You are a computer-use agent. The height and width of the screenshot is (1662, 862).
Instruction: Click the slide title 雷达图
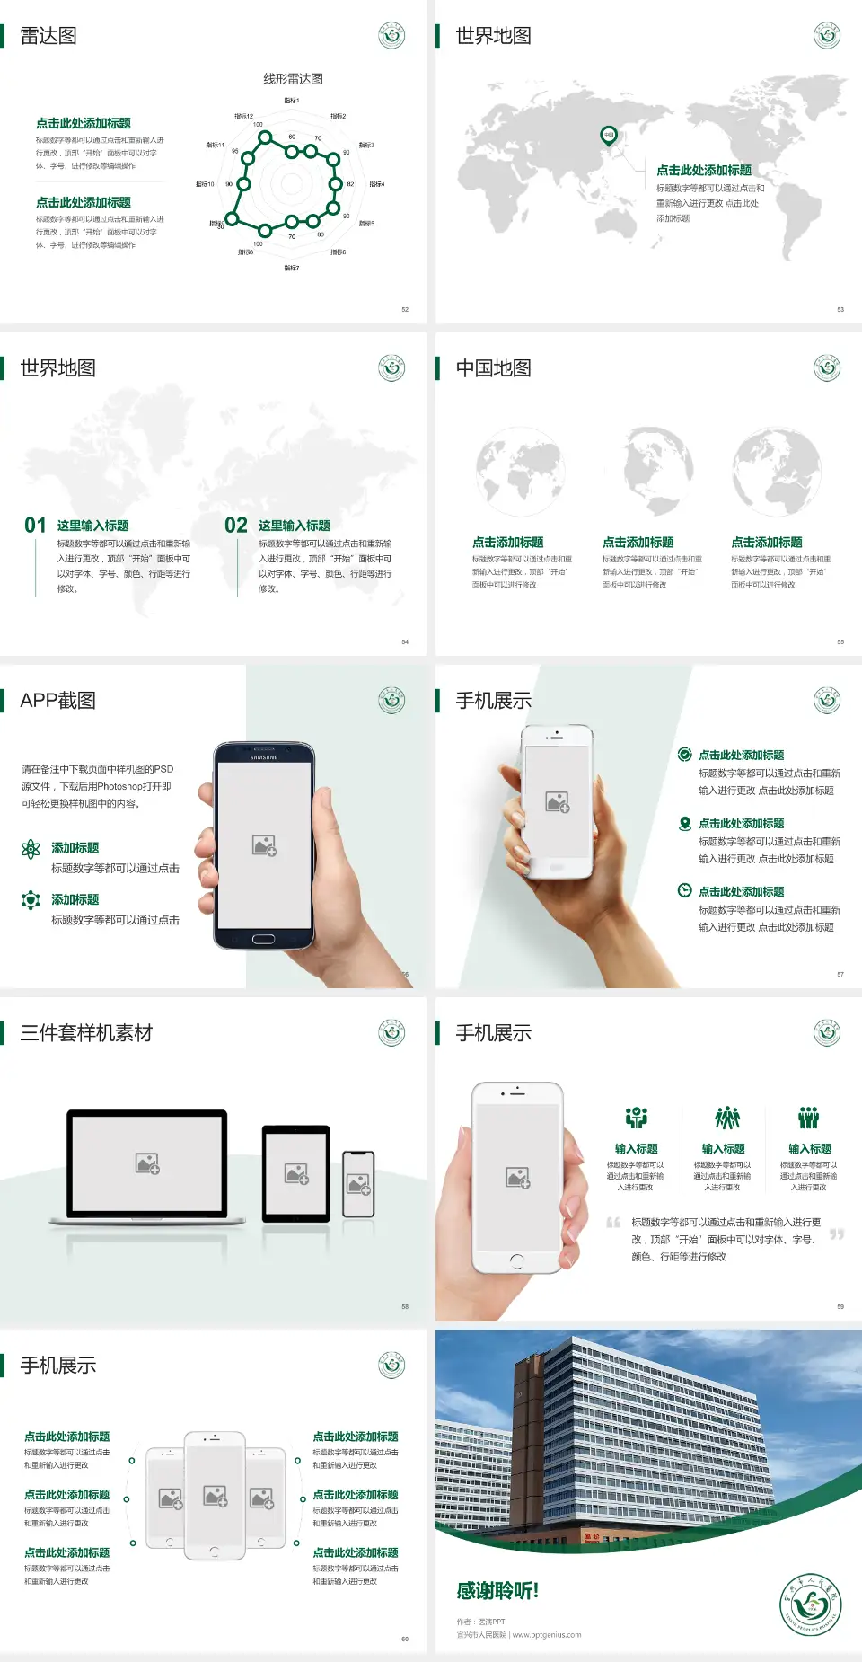coord(48,36)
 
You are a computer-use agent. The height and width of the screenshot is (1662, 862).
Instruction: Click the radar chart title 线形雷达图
coord(293,79)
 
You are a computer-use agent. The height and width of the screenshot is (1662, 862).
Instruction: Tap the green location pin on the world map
coord(609,136)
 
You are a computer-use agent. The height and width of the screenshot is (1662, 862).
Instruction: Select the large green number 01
coord(35,526)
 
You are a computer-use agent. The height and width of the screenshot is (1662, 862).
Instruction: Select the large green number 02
coord(236,526)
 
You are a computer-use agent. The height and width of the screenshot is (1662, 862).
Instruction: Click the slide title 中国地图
coord(493,368)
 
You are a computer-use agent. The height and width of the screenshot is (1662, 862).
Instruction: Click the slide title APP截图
coord(58,701)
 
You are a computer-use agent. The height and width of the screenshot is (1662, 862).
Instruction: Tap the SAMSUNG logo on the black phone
coord(264,757)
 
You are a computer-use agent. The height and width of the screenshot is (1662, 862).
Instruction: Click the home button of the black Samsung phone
coord(263,939)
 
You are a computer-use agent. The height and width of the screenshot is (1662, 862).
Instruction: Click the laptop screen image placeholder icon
coord(147,1163)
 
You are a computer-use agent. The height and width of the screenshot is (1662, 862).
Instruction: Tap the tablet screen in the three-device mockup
coord(295,1172)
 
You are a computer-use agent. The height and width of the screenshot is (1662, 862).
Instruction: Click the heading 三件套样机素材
coord(86,1033)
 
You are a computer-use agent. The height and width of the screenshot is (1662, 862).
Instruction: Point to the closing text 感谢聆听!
coord(497,1591)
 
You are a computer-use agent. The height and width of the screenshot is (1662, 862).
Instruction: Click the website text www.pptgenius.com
coord(547,1635)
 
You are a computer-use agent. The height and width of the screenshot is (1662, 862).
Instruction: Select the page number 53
coord(840,309)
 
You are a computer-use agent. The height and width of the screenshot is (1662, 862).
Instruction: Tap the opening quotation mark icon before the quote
coord(613,1223)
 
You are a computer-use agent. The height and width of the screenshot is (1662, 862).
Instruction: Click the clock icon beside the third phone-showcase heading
coord(684,890)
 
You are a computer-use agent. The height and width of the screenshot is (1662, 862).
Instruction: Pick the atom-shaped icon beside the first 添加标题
coord(31,849)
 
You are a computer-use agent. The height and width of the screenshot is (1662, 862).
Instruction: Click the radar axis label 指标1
coord(292,101)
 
